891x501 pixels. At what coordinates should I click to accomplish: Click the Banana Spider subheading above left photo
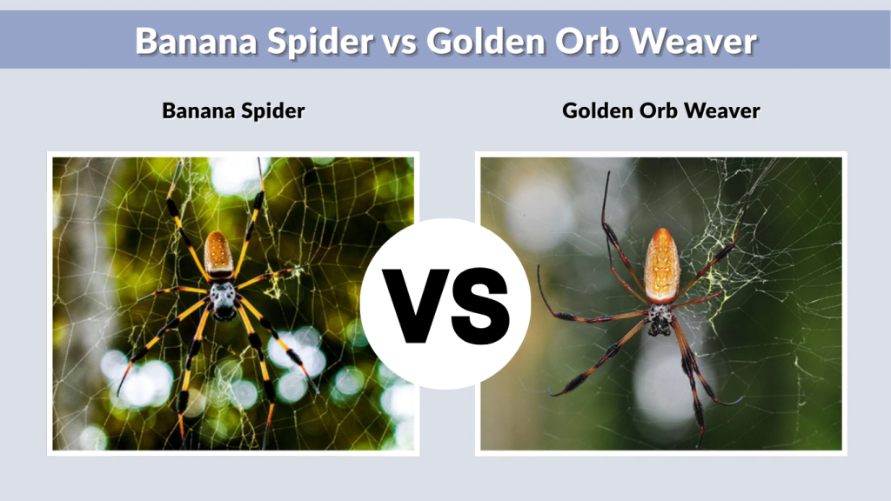coord(233,110)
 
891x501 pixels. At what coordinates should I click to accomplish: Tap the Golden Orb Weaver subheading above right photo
coord(661,110)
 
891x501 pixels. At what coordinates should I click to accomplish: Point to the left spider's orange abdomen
coord(218,253)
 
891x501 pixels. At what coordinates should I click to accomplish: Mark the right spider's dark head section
coord(660,319)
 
